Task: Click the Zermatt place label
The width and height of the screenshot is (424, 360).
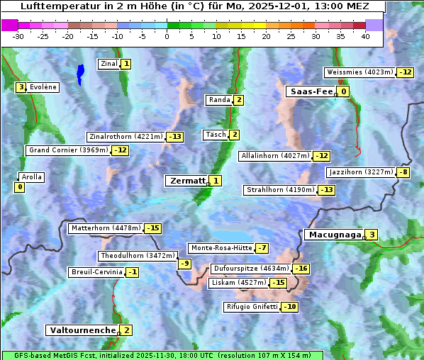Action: click(x=186, y=181)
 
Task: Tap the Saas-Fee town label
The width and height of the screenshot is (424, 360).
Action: click(x=310, y=91)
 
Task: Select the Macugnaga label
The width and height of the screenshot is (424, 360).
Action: click(x=333, y=235)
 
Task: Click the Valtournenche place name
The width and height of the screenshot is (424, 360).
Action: click(x=82, y=330)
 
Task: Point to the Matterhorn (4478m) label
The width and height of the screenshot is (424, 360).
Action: click(x=105, y=228)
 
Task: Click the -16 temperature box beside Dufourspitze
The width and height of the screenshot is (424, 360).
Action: click(x=301, y=269)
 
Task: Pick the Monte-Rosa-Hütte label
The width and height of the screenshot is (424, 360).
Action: click(x=221, y=248)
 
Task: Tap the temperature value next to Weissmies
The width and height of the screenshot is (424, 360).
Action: click(x=405, y=72)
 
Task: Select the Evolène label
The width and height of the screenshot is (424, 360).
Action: click(x=43, y=87)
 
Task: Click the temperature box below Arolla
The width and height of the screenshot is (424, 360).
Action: click(x=19, y=187)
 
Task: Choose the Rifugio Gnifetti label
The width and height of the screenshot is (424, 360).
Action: click(x=252, y=307)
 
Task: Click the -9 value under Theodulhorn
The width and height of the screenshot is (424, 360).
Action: click(x=184, y=264)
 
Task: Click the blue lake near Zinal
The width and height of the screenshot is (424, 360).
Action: click(x=79, y=72)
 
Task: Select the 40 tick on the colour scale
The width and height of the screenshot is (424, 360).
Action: click(x=365, y=36)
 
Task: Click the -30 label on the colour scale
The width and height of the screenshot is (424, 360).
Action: click(x=18, y=36)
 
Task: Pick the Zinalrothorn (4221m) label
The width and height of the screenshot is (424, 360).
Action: click(x=125, y=137)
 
